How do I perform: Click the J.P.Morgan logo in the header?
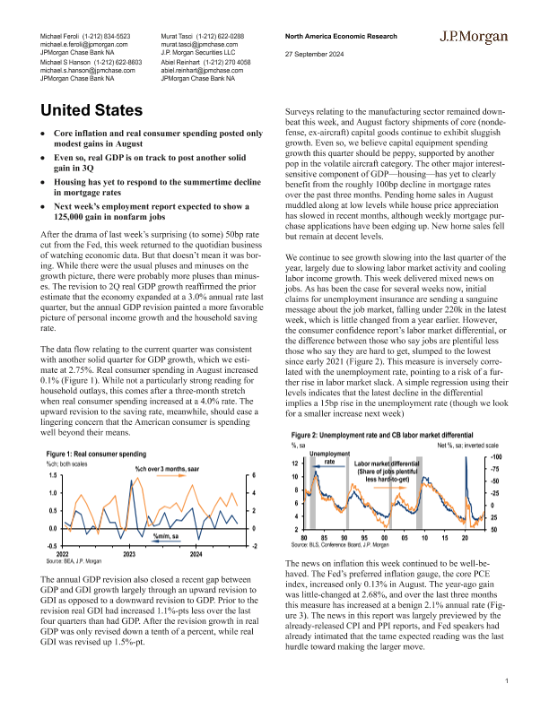[475, 39]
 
